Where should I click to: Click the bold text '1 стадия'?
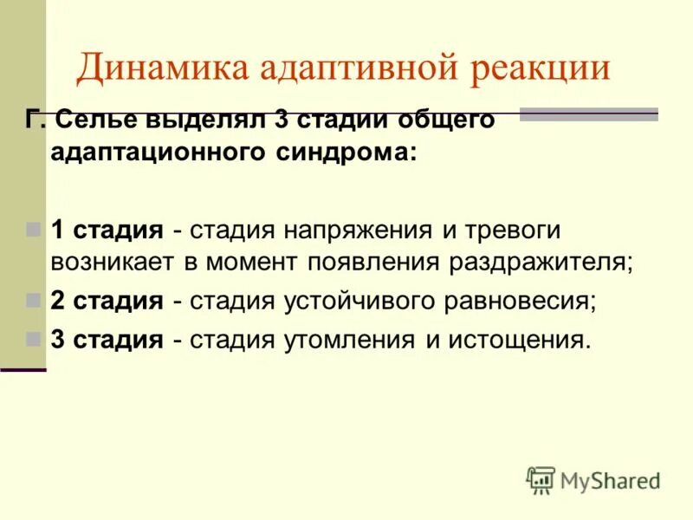pos(107,231)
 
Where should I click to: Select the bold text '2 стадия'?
pos(107,301)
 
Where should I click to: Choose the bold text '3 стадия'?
pos(107,340)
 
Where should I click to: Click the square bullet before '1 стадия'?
pos(34,231)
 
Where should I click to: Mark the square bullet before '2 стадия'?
pos(34,301)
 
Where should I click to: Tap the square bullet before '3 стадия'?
pos(34,340)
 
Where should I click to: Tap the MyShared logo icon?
pos(540,480)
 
